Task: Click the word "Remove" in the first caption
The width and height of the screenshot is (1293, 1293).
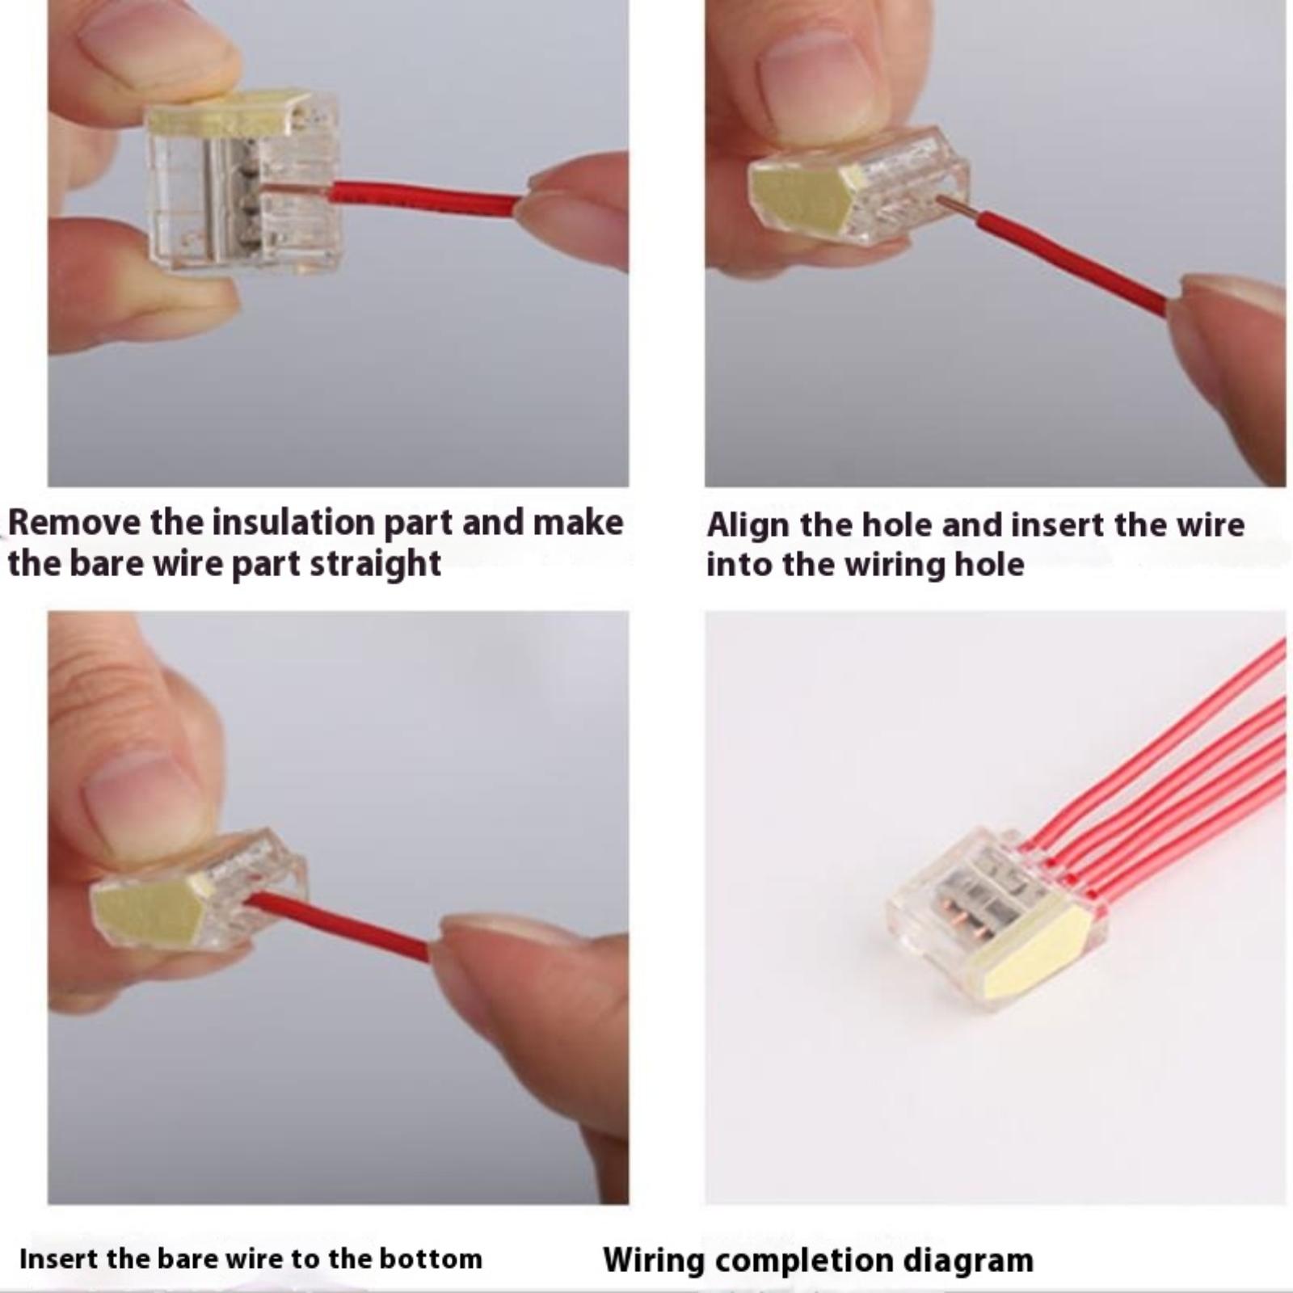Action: [74, 522]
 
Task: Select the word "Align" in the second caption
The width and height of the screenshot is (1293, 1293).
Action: [748, 525]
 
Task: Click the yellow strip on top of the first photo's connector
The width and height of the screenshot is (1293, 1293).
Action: [230, 113]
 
